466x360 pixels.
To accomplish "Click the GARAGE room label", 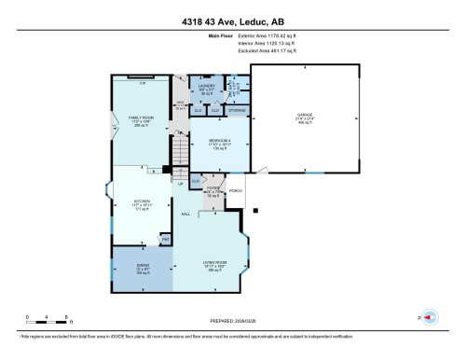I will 305,116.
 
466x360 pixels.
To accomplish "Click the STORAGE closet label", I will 238,110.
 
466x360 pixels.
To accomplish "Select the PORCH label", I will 236,191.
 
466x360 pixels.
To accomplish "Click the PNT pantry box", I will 165,240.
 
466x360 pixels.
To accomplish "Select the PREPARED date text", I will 232,320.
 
